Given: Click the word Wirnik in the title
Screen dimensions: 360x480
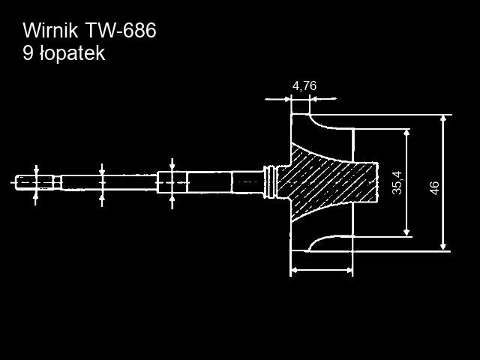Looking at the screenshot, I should (50, 31).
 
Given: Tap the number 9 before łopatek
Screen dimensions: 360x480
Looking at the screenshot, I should (29, 54).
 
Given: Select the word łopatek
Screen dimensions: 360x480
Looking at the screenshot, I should (73, 54).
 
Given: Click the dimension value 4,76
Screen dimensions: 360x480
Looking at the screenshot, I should (304, 85).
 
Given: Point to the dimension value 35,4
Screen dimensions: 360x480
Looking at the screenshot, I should (397, 182).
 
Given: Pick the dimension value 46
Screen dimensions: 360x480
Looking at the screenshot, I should (434, 188).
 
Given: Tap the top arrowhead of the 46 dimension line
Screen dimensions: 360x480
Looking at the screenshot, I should (444, 119).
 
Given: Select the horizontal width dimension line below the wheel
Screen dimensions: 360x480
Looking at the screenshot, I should (321, 269).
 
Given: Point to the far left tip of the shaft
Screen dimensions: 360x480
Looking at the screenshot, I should (15, 181).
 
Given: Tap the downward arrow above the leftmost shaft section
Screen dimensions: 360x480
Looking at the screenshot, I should (37, 169).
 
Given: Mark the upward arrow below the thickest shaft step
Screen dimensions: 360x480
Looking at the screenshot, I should (172, 199).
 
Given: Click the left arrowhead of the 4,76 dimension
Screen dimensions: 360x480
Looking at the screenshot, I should (288, 98).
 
